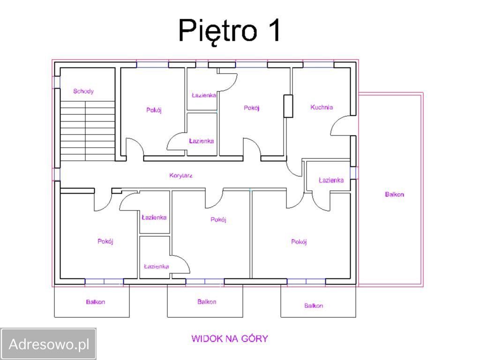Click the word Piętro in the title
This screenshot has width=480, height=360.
coord(217,30)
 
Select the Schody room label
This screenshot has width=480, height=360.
coord(83,91)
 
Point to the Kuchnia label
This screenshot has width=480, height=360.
coord(322,107)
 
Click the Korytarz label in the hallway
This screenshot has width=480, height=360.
coord(180,175)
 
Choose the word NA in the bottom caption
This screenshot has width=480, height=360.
coord(232,338)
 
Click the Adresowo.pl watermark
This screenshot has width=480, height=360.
coord(49,344)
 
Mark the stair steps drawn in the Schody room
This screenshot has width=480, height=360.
coord(88,131)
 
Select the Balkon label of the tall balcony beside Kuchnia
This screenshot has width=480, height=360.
coord(394,195)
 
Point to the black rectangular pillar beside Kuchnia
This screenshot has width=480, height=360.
coord(288,106)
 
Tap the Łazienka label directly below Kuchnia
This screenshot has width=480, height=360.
coord(331,180)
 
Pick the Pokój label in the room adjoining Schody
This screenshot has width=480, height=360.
coord(154,110)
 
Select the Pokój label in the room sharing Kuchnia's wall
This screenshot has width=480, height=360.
coord(252,108)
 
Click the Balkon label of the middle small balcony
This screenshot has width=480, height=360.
coord(207,302)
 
